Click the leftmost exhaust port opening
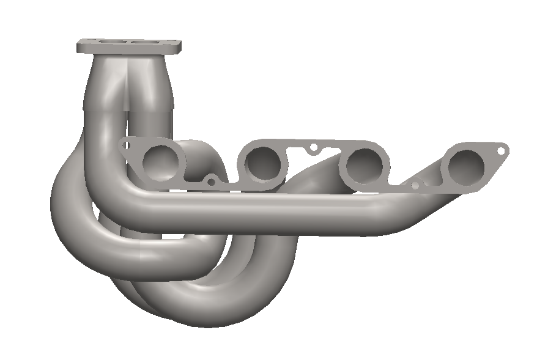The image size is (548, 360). tap(163, 160)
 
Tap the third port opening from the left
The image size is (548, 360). tap(365, 164)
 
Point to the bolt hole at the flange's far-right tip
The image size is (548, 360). tap(502, 149)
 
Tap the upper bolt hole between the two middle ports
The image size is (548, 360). tap(313, 147)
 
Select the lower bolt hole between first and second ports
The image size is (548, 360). tap(212, 181)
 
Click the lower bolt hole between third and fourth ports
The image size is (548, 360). tap(415, 185)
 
